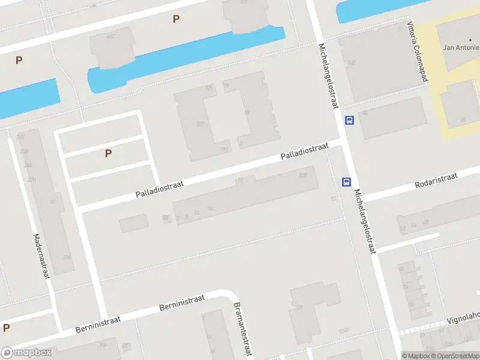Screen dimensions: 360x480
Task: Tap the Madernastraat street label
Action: point(41,256)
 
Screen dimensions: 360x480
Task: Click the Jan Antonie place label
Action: point(461,47)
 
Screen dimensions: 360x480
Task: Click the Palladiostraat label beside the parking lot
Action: point(160,187)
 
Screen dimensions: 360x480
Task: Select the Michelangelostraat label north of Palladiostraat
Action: point(329,77)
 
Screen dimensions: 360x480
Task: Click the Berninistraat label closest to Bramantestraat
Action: point(182,303)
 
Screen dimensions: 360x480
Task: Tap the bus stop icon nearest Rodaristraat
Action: point(346,182)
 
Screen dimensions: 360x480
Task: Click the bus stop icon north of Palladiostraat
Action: point(349,120)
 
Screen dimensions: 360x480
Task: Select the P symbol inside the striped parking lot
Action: point(108,153)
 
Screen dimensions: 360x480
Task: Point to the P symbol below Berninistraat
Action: point(6,328)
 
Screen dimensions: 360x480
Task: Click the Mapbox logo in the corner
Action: point(26,353)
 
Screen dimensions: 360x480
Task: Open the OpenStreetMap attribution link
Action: point(455,356)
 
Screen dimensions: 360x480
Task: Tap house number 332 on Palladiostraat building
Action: point(303,175)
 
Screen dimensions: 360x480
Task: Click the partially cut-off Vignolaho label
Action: point(463,317)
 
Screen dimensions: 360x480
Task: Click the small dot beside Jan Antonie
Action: point(470,40)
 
